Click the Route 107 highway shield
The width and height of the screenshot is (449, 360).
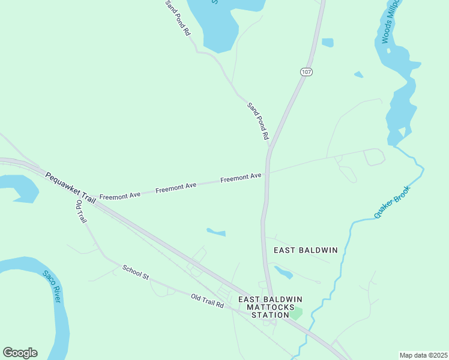tap(306, 72)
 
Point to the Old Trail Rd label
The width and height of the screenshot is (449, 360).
tap(207, 301)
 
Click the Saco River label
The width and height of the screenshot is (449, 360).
tap(52, 286)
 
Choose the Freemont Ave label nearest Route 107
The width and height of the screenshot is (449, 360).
tap(241, 178)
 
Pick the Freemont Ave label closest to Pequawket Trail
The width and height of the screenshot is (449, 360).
tap(119, 196)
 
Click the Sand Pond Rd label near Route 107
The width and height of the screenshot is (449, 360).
tap(258, 121)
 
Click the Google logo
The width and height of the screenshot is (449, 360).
tap(20, 353)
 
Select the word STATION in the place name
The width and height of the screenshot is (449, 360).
tap(270, 315)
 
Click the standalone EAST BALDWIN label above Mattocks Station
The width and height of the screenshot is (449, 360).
tap(306, 250)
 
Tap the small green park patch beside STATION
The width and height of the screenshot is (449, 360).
tap(296, 313)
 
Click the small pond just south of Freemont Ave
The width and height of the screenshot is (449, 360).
tap(216, 232)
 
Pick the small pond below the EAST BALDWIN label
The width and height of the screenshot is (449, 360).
tap(284, 272)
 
